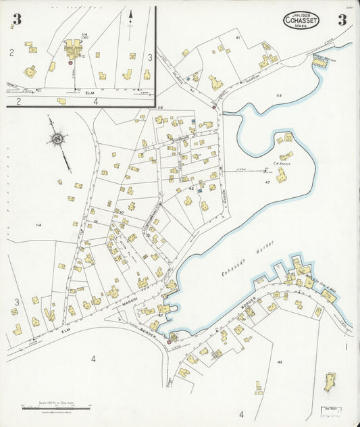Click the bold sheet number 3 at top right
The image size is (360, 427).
(x=342, y=20)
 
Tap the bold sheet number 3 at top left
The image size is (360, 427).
(x=16, y=20)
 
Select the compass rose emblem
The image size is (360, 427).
(x=57, y=140)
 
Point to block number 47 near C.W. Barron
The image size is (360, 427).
(x=267, y=182)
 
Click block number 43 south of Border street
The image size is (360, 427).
(x=279, y=363)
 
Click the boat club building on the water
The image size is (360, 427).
(x=319, y=61)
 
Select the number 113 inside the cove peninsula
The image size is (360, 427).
(x=278, y=96)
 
